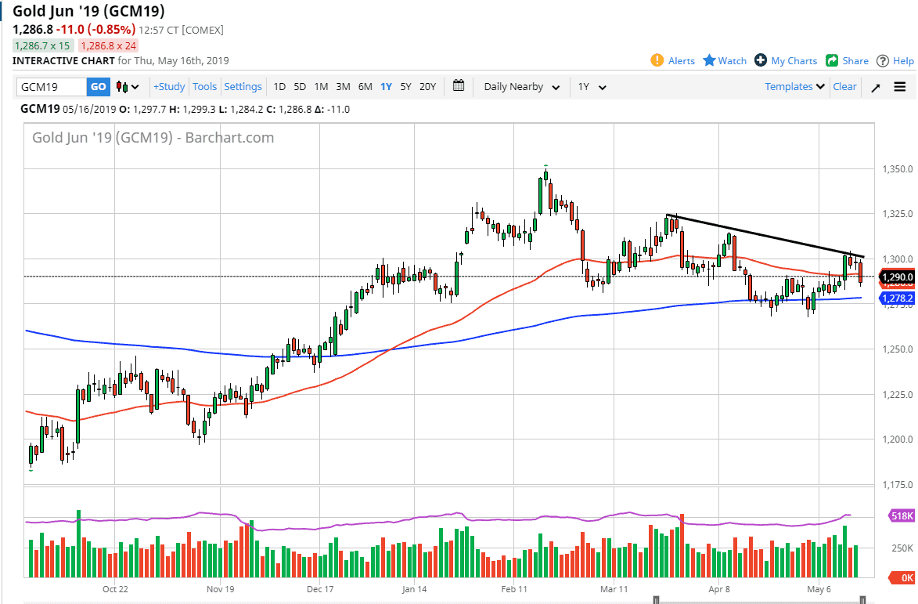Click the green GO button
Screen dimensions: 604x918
click(98, 87)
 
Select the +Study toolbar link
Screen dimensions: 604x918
click(169, 87)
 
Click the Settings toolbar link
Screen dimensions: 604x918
click(243, 87)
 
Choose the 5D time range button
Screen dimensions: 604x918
click(300, 87)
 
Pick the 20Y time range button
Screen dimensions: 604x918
click(427, 87)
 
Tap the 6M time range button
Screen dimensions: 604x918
click(365, 87)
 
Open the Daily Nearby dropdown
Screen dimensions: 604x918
click(521, 87)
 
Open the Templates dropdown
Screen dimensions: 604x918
click(794, 87)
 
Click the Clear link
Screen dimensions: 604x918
click(844, 87)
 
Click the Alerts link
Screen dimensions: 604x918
click(673, 60)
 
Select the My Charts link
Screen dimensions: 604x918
click(786, 60)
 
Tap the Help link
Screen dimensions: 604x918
click(895, 60)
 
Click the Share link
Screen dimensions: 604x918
click(848, 60)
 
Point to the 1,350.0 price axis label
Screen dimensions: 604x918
click(893, 169)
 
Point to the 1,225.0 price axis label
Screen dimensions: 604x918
click(893, 394)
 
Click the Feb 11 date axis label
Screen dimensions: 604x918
click(513, 588)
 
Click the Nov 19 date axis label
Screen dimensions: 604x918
click(221, 588)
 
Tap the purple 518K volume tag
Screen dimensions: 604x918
click(901, 515)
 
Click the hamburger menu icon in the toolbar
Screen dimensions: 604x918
click(899, 87)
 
